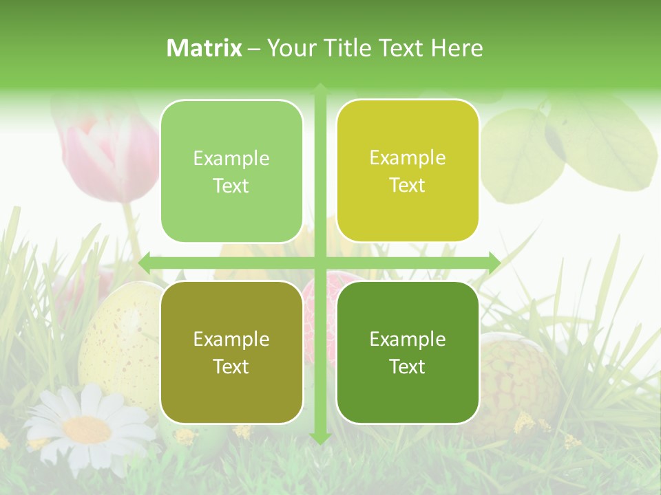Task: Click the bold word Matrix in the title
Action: (x=204, y=48)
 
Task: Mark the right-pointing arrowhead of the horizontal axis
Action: (x=494, y=263)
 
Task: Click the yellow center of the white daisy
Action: (x=87, y=429)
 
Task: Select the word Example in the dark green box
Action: (x=408, y=339)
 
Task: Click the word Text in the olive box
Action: (x=231, y=366)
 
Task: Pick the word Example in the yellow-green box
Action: (x=408, y=157)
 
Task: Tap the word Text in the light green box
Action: (x=231, y=186)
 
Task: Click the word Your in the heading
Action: (x=289, y=48)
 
